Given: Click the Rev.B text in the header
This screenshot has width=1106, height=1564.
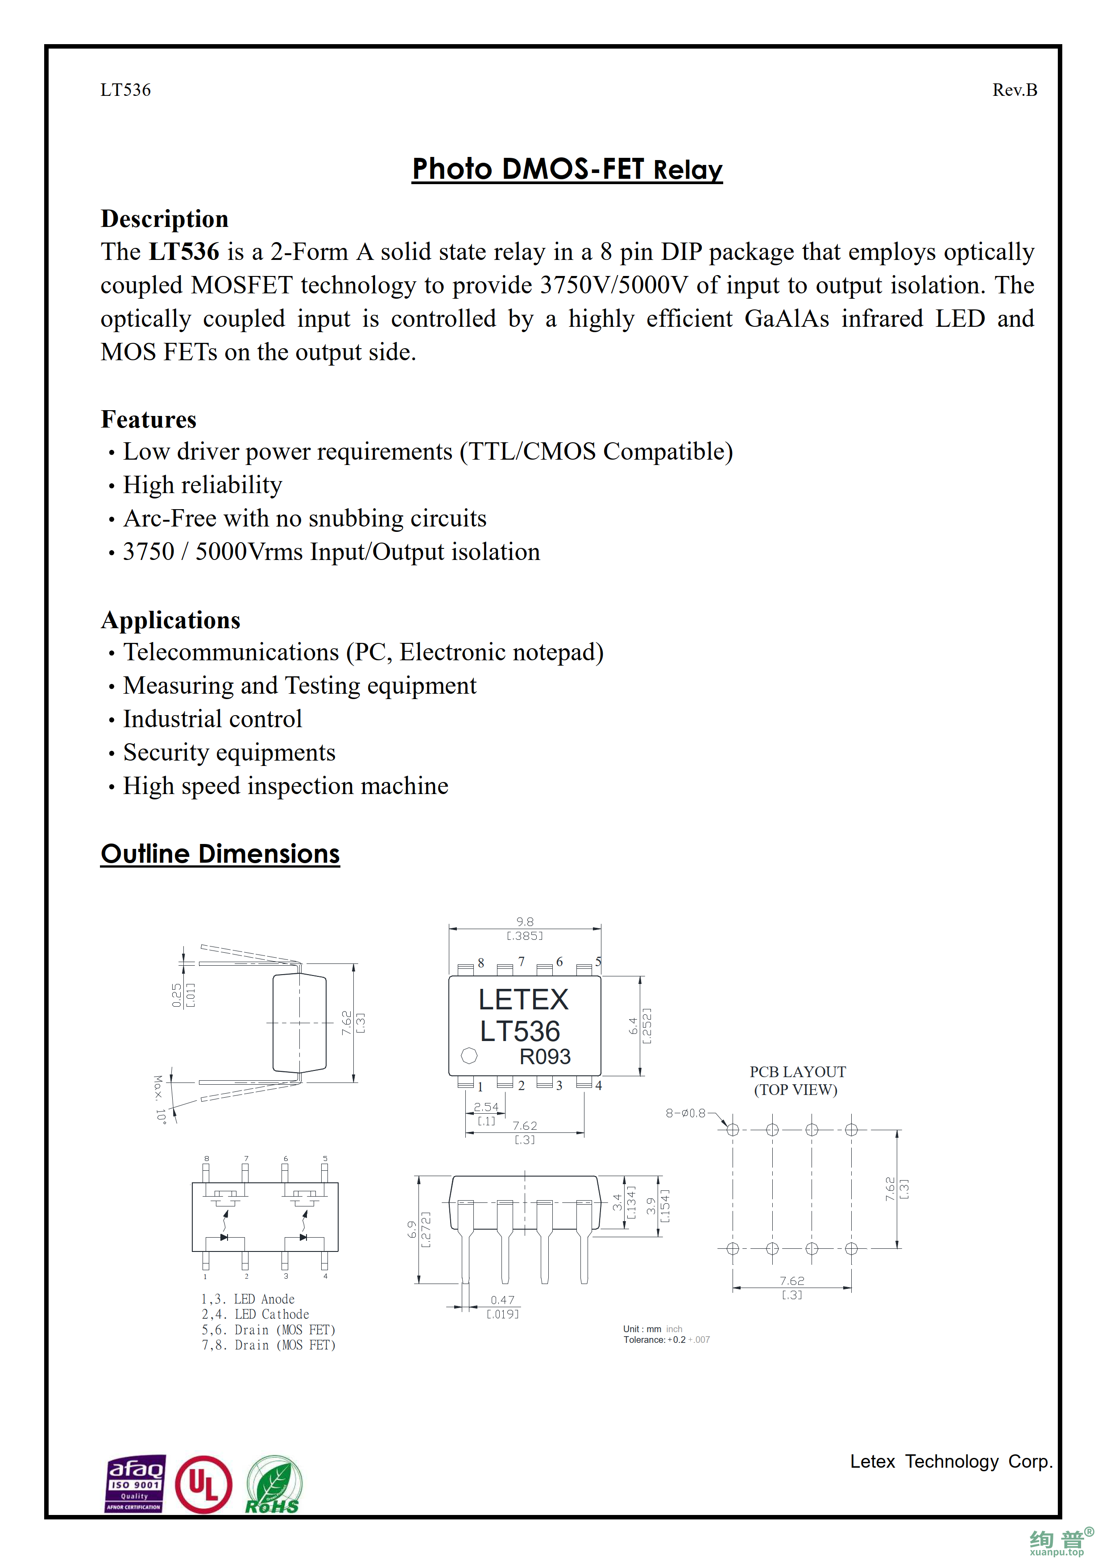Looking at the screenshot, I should (x=1014, y=90).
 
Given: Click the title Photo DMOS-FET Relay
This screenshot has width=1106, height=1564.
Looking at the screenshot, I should (x=567, y=169).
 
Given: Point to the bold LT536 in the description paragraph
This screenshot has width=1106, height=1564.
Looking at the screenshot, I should (x=184, y=252).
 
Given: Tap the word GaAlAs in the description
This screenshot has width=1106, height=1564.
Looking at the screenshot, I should (x=787, y=319).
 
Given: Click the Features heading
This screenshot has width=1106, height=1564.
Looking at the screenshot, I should (x=149, y=419).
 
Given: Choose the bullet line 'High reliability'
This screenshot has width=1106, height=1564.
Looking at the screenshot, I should (x=203, y=485).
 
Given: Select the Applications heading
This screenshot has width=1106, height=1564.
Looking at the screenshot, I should (x=170, y=620).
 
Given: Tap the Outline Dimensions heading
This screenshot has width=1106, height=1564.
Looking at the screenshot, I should (x=220, y=853).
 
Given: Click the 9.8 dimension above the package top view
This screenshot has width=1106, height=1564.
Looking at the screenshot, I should (x=525, y=922).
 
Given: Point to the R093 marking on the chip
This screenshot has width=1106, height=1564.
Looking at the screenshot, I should (x=544, y=1057).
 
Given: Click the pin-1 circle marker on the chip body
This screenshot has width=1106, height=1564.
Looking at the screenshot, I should (x=469, y=1056).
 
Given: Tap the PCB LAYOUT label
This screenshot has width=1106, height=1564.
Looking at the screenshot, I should (x=797, y=1072).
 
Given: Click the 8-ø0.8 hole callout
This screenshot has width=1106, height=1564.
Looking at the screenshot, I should (x=686, y=1113).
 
